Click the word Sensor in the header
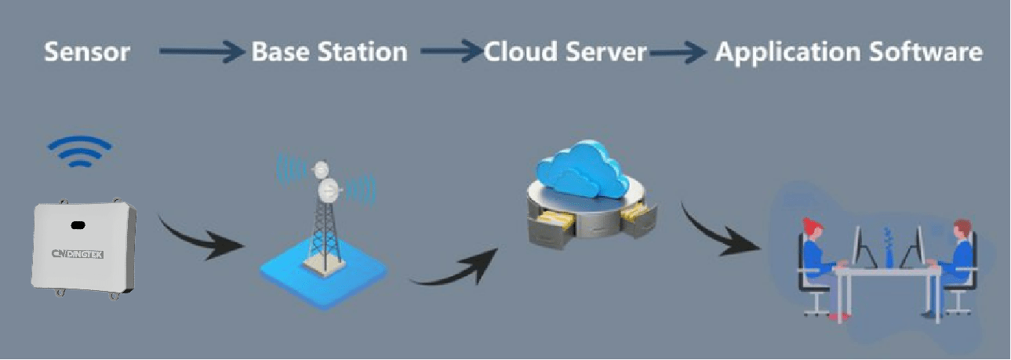(x=86, y=53)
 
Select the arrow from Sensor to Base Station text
(x=202, y=53)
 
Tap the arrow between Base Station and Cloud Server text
(x=450, y=53)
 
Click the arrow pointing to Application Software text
(x=678, y=53)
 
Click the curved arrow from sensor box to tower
(x=200, y=238)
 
